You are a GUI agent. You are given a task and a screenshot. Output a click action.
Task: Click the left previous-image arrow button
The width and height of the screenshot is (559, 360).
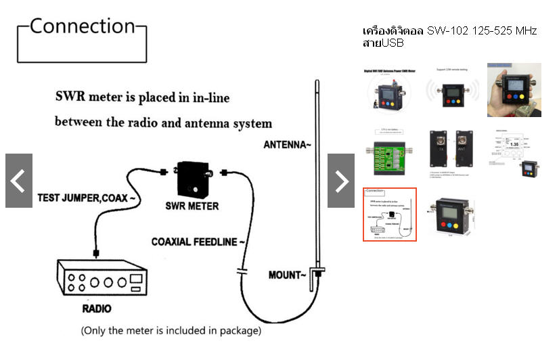(19, 181)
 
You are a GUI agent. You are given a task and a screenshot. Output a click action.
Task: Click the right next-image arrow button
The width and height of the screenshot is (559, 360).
(341, 181)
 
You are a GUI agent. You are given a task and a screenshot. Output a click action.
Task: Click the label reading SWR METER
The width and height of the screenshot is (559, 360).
(192, 205)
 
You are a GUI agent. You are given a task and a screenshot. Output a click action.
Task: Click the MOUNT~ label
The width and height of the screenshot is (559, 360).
(286, 275)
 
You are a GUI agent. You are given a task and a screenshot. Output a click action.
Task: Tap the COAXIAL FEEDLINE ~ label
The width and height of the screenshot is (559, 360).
(198, 242)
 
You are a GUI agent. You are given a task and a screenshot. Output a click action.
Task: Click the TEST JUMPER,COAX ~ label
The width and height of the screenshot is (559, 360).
(87, 199)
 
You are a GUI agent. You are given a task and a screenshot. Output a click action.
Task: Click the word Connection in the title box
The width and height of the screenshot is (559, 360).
(83, 27)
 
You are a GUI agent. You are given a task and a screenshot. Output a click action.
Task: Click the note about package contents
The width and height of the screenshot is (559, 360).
(171, 331)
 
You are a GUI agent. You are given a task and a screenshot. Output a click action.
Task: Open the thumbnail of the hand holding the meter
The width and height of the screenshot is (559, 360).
(514, 90)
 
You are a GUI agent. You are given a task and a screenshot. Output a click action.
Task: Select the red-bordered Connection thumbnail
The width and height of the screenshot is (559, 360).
(390, 214)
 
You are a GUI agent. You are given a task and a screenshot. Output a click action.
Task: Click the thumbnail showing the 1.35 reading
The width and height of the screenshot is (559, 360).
(514, 152)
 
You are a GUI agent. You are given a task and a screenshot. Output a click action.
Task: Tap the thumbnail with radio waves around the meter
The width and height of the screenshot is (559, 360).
(451, 90)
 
